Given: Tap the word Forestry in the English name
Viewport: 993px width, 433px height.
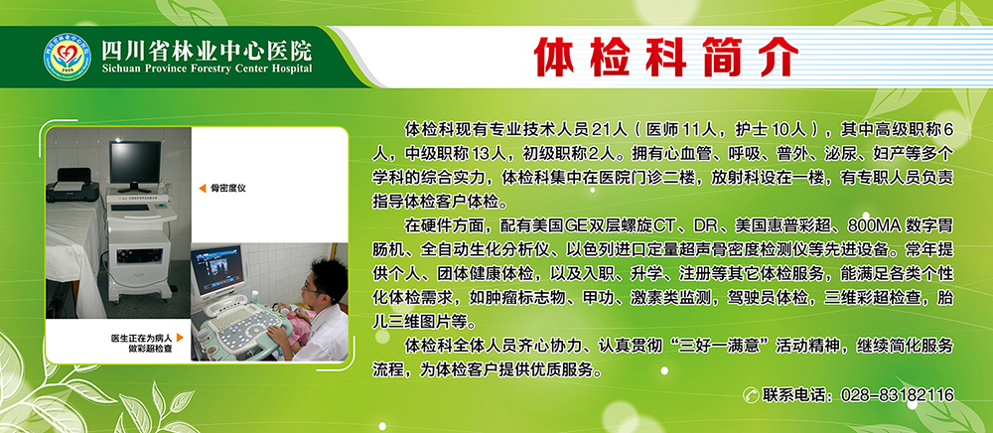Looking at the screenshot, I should coord(212,69).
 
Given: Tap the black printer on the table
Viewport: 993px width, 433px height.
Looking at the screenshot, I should coord(71,181).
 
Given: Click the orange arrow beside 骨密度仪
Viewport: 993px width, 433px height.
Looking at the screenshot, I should coord(201,186).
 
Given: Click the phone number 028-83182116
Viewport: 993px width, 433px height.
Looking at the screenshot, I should coord(897,395).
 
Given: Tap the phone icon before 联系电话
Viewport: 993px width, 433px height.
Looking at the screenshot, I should coord(753,395).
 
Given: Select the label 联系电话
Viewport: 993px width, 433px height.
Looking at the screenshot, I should coord(796,395).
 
